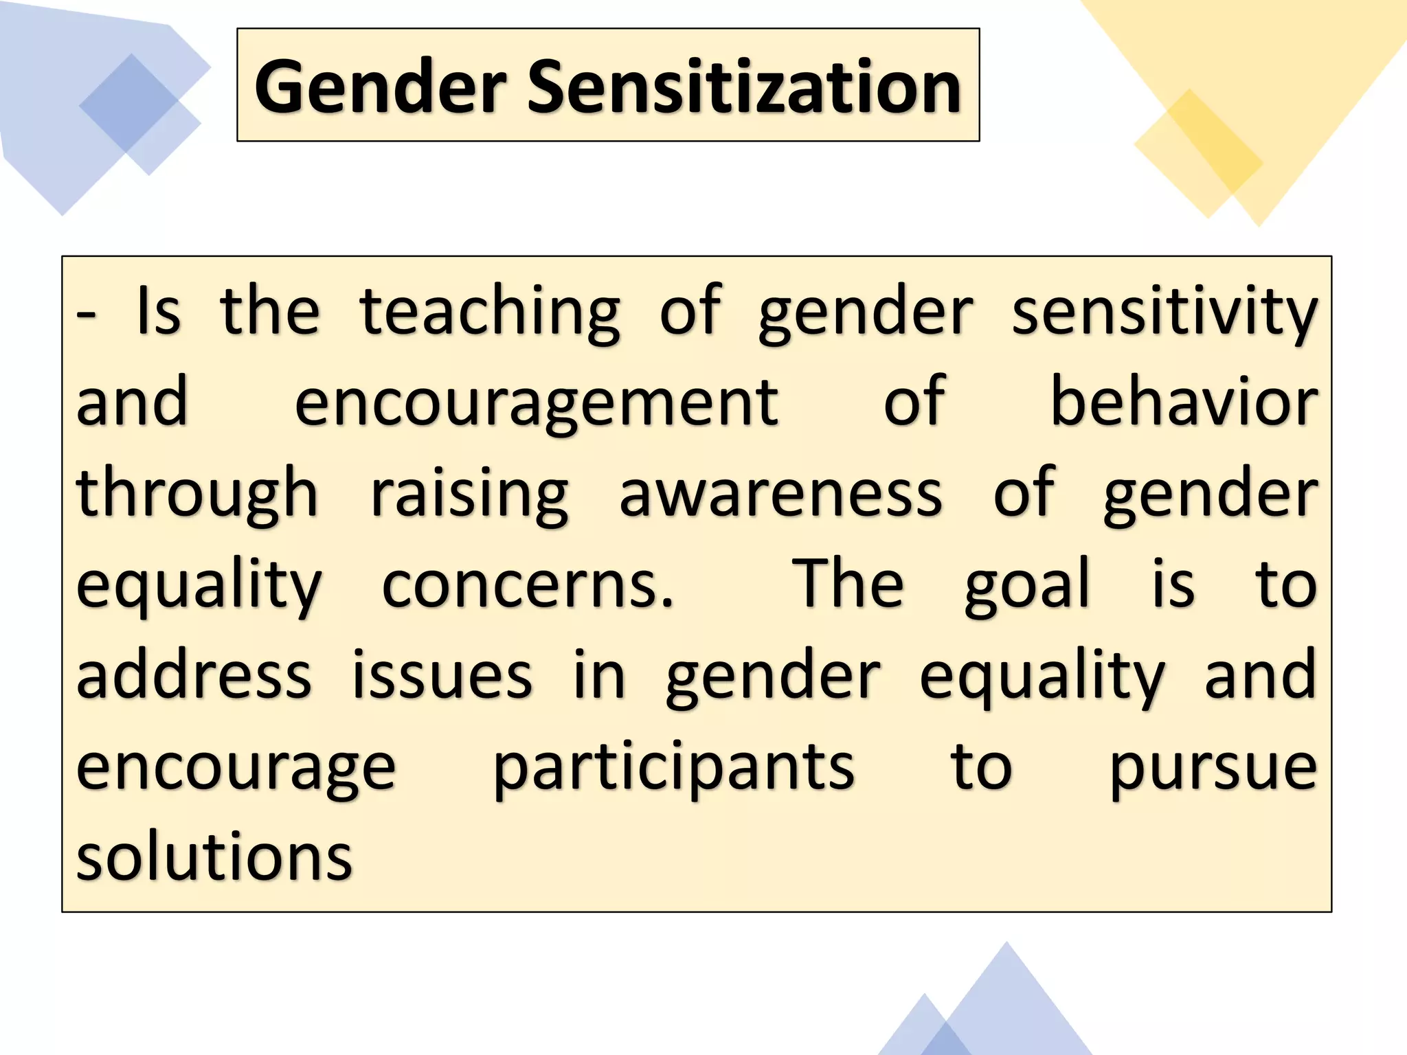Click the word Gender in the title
pyautogui.click(x=381, y=87)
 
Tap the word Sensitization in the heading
pyautogui.click(x=745, y=87)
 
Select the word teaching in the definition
pyautogui.click(x=490, y=313)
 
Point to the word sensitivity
pyautogui.click(x=1164, y=313)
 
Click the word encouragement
pyautogui.click(x=537, y=404)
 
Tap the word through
pyautogui.click(x=197, y=495)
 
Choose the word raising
pyautogui.click(x=470, y=495)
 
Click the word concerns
pyautogui.click(x=528, y=585)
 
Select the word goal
pyautogui.click(x=1027, y=585)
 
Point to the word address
pyautogui.click(x=194, y=676)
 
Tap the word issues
pyautogui.click(x=442, y=676)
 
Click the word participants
pyautogui.click(x=674, y=768)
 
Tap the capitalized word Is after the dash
pyautogui.click(x=159, y=313)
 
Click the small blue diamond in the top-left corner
pyautogui.click(x=139, y=114)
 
